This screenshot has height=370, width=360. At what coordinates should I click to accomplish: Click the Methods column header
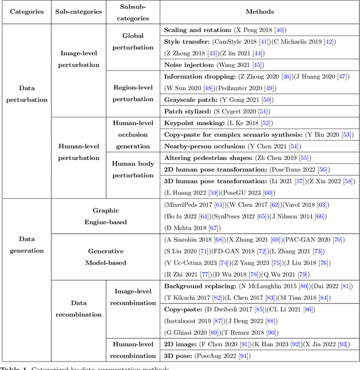pyautogui.click(x=259, y=11)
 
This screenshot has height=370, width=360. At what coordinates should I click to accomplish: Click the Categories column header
pyautogui.click(x=25, y=11)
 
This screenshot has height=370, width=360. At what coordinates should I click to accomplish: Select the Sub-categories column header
pyautogui.click(x=79, y=11)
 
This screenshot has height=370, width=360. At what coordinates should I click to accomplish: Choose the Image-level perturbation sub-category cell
pyautogui.click(x=79, y=59)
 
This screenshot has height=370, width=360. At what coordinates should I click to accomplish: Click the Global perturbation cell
pyautogui.click(x=133, y=42)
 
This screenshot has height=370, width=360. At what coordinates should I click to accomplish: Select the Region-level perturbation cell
pyautogui.click(x=133, y=93)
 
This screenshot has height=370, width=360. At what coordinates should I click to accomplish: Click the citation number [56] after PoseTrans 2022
pyautogui.click(x=322, y=170)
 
